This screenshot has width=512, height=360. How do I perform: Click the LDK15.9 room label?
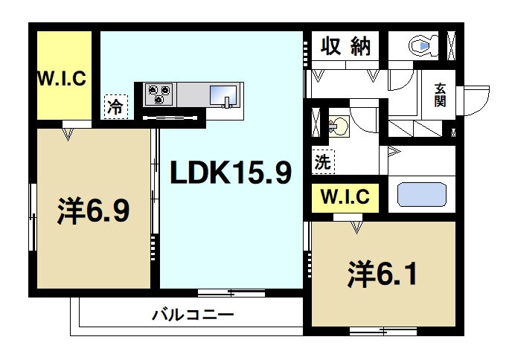coord(230,173)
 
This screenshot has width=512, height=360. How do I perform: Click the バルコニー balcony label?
coord(193,315)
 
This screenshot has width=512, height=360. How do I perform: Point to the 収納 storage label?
coord(345,46)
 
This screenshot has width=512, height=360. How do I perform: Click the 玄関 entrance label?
coord(441,94)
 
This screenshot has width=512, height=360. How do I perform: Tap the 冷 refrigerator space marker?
coord(115,106)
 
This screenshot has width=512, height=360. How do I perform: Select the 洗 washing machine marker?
coord(321,161)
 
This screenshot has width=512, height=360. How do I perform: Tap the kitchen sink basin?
coord(223,96)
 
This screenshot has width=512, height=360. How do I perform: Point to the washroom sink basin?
coord(339,123)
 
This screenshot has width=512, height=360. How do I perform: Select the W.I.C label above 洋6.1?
coord(345,199)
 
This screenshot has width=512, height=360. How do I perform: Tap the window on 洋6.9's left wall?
coord(33,216)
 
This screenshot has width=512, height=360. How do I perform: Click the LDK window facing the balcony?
coord(219,291)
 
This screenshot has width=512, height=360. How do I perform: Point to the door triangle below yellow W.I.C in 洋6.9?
coord(68,135)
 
